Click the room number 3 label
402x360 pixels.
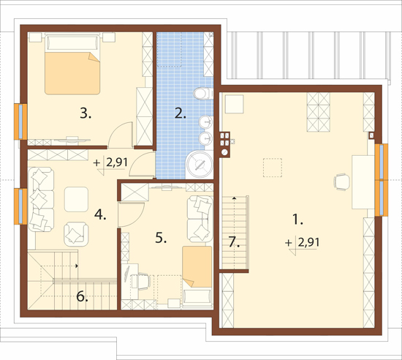click(x=86, y=113)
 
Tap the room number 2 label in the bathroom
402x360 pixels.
click(x=181, y=113)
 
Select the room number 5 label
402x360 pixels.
click(x=161, y=238)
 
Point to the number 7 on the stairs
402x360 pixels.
click(x=235, y=241)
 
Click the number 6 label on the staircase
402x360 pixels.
click(x=83, y=296)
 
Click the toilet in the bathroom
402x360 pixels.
click(x=204, y=94)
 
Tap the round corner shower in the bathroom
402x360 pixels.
click(x=200, y=165)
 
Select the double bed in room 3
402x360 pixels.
click(x=72, y=65)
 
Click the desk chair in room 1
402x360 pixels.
click(x=341, y=181)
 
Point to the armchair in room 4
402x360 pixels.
click(x=76, y=233)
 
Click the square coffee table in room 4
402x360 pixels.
click(x=77, y=199)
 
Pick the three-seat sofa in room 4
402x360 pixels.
click(x=41, y=199)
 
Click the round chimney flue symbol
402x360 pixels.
click(x=224, y=152)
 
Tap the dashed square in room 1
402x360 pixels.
click(x=273, y=168)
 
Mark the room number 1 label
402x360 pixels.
click(x=297, y=220)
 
